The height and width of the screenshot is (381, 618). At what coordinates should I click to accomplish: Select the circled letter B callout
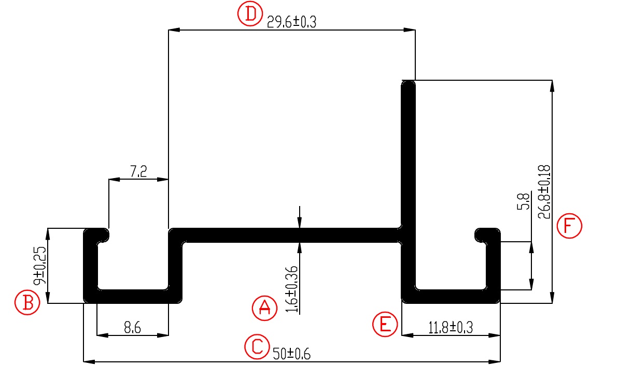pos(27,303)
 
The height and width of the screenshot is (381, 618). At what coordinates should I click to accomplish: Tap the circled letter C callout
pos(257,347)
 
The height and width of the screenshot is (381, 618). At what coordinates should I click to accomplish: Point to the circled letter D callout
pos(250,14)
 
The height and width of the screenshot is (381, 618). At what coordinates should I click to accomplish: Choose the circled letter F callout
pos(569,226)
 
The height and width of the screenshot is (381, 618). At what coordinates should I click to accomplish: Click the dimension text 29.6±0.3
pos(291,22)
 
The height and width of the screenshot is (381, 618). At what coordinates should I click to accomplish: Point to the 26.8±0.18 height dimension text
pos(544,192)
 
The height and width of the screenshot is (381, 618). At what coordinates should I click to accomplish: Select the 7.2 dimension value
pos(138,172)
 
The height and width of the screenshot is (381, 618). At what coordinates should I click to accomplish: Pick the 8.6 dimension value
pos(133,327)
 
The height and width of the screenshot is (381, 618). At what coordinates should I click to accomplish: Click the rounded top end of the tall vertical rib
pos(409,85)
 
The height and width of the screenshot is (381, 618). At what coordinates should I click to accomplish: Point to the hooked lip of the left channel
pos(104,236)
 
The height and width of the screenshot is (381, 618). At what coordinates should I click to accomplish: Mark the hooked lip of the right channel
pos(481,236)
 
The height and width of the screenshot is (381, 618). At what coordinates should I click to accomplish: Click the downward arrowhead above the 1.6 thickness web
pos(299,223)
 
